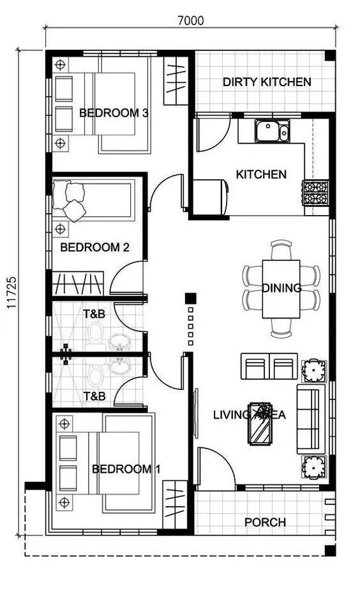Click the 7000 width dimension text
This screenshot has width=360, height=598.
click(x=190, y=20)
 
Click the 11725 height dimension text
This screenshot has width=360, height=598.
click(x=11, y=293)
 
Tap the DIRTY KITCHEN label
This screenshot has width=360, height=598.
click(x=267, y=82)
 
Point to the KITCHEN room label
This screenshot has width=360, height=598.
click(x=261, y=174)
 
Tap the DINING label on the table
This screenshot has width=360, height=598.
click(x=281, y=288)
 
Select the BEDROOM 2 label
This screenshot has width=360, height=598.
click(x=94, y=247)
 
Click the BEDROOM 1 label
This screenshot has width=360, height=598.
click(x=126, y=469)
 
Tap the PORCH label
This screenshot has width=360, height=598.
click(x=265, y=522)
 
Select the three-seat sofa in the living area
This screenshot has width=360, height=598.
click(x=311, y=419)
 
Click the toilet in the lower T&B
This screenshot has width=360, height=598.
click(x=96, y=375)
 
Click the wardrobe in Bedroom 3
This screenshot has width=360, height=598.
click(x=175, y=81)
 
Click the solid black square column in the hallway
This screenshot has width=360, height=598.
click(x=190, y=298)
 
